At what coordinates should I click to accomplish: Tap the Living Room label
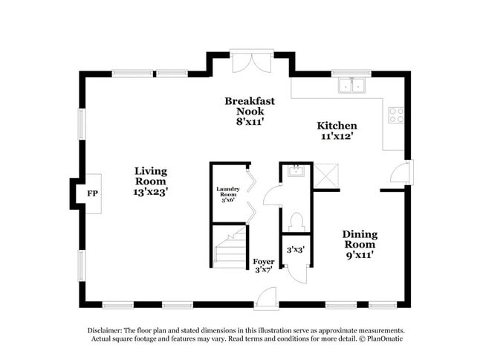151,176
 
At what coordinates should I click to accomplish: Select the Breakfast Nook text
250,111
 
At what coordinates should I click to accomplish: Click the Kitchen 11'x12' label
337,131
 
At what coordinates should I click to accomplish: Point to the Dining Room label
359,244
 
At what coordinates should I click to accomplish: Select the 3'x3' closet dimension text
295,250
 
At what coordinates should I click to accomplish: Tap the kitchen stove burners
397,115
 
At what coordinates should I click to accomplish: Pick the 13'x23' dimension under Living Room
151,192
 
